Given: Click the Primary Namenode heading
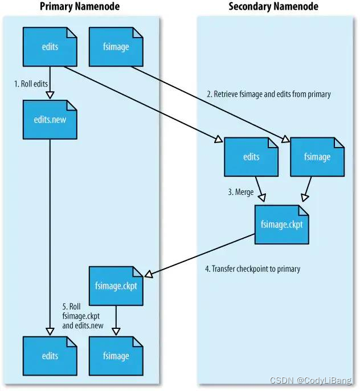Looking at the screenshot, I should [79, 7].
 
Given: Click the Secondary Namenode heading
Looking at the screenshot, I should [273, 7].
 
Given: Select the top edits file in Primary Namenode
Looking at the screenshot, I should [50, 47].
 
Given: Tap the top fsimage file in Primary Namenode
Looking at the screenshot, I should [116, 47].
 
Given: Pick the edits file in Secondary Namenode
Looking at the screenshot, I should [251, 157].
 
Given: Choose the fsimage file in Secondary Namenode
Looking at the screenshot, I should [317, 157].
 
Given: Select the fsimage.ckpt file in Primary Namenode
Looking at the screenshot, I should [116, 286].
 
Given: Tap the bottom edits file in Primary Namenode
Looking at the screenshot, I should [50, 356].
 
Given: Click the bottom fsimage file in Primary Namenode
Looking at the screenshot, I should [116, 356].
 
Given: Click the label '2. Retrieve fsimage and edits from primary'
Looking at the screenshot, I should [268, 94].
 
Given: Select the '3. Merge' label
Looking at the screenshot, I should [240, 192].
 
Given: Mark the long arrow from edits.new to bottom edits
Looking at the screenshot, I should [50, 239].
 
